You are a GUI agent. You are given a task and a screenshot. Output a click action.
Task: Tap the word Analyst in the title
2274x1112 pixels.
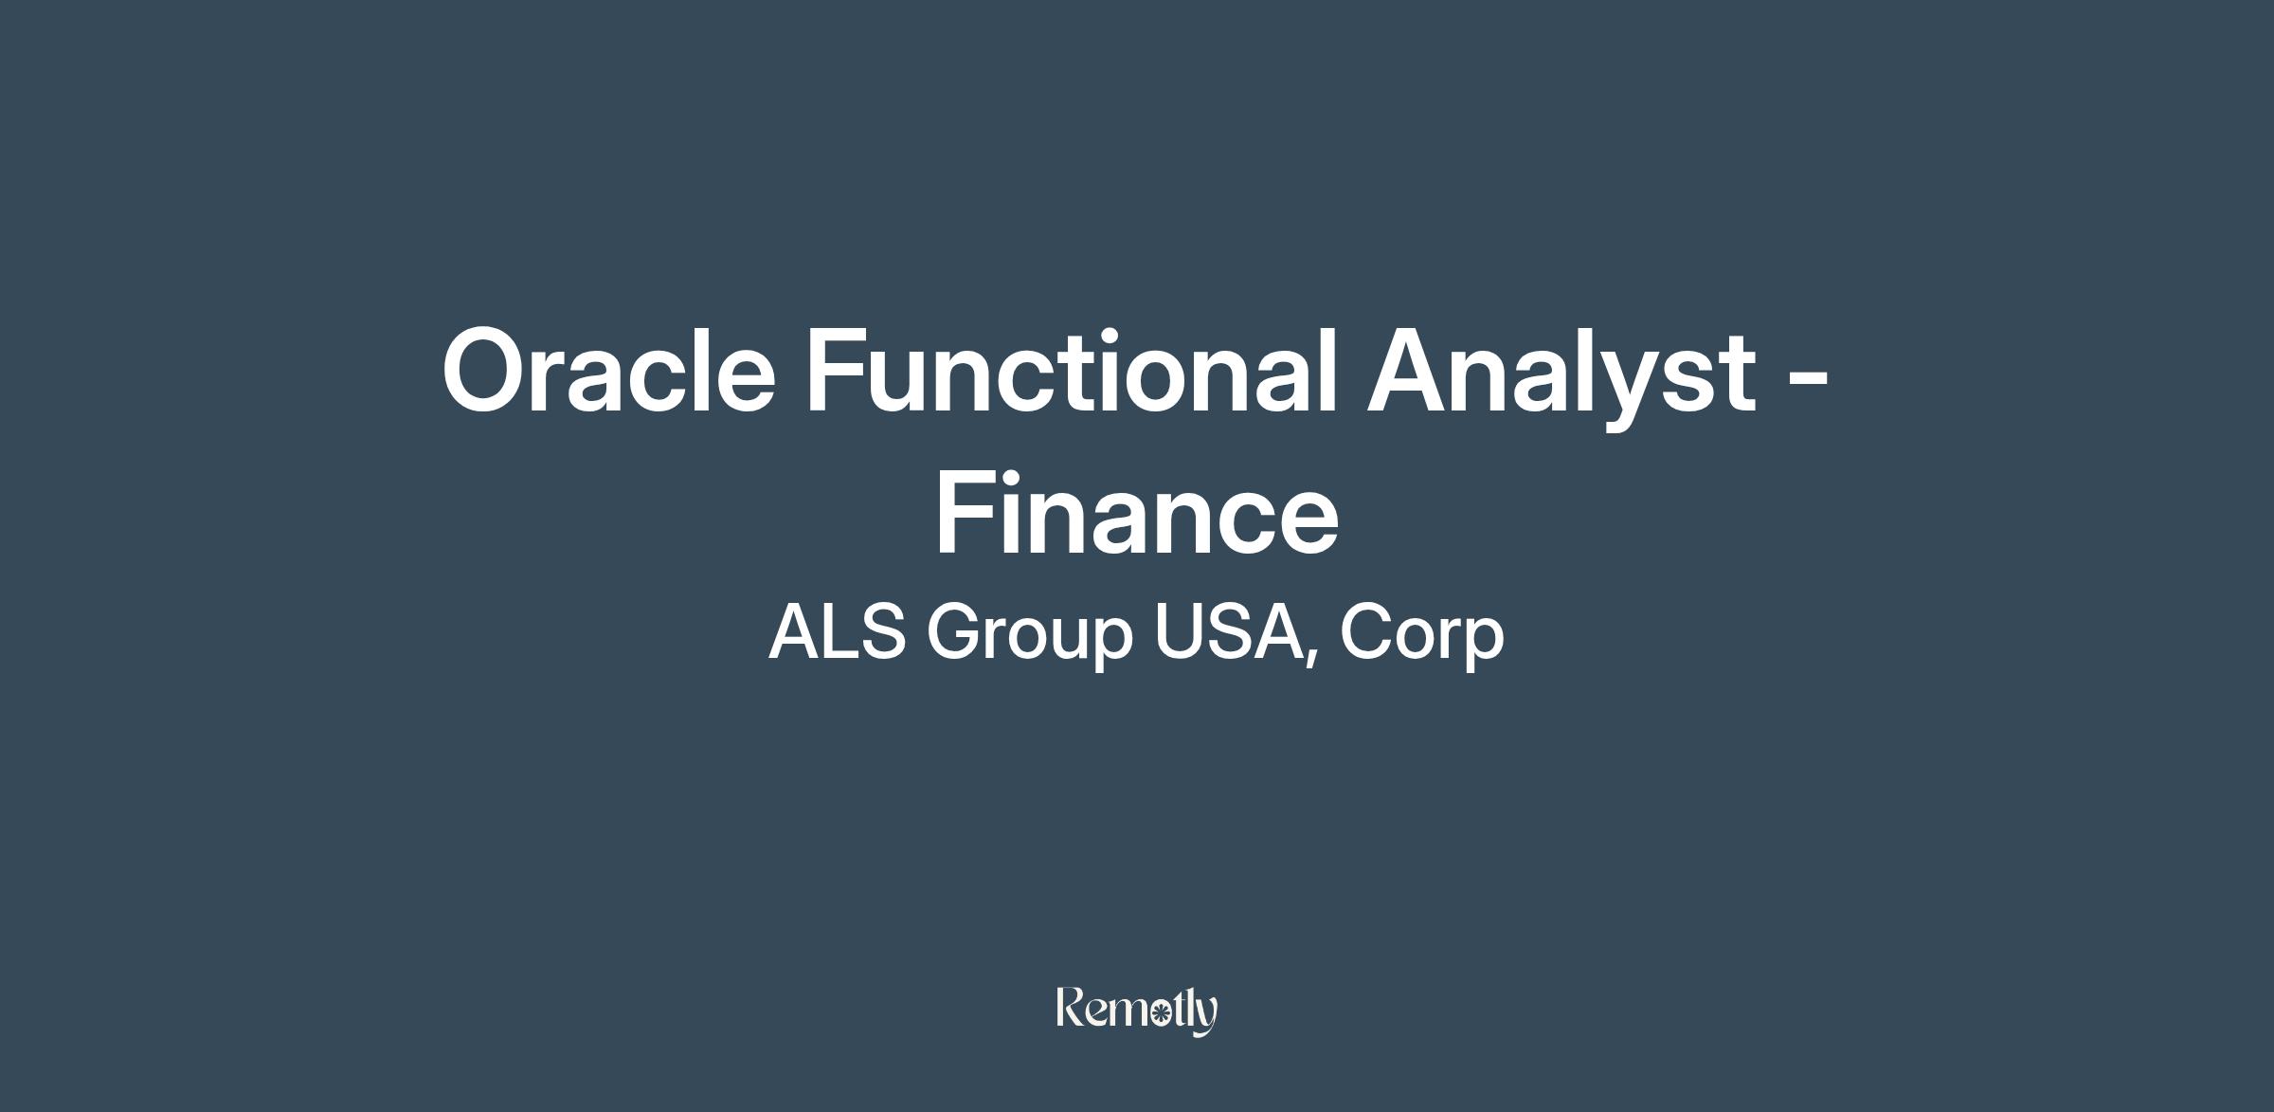coord(1561,376)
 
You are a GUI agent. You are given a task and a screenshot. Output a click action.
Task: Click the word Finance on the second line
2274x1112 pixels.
coord(1137,512)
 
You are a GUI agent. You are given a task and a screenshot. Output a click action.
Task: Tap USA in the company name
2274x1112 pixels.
coord(1229,631)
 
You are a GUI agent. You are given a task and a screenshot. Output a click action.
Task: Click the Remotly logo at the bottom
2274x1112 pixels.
coord(1137,1011)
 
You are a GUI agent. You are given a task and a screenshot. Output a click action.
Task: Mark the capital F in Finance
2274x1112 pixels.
coord(967,512)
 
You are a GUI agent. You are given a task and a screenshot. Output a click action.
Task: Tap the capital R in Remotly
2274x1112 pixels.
coord(1073,1007)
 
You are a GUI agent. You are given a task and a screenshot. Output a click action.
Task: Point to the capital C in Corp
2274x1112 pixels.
coord(1365,631)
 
